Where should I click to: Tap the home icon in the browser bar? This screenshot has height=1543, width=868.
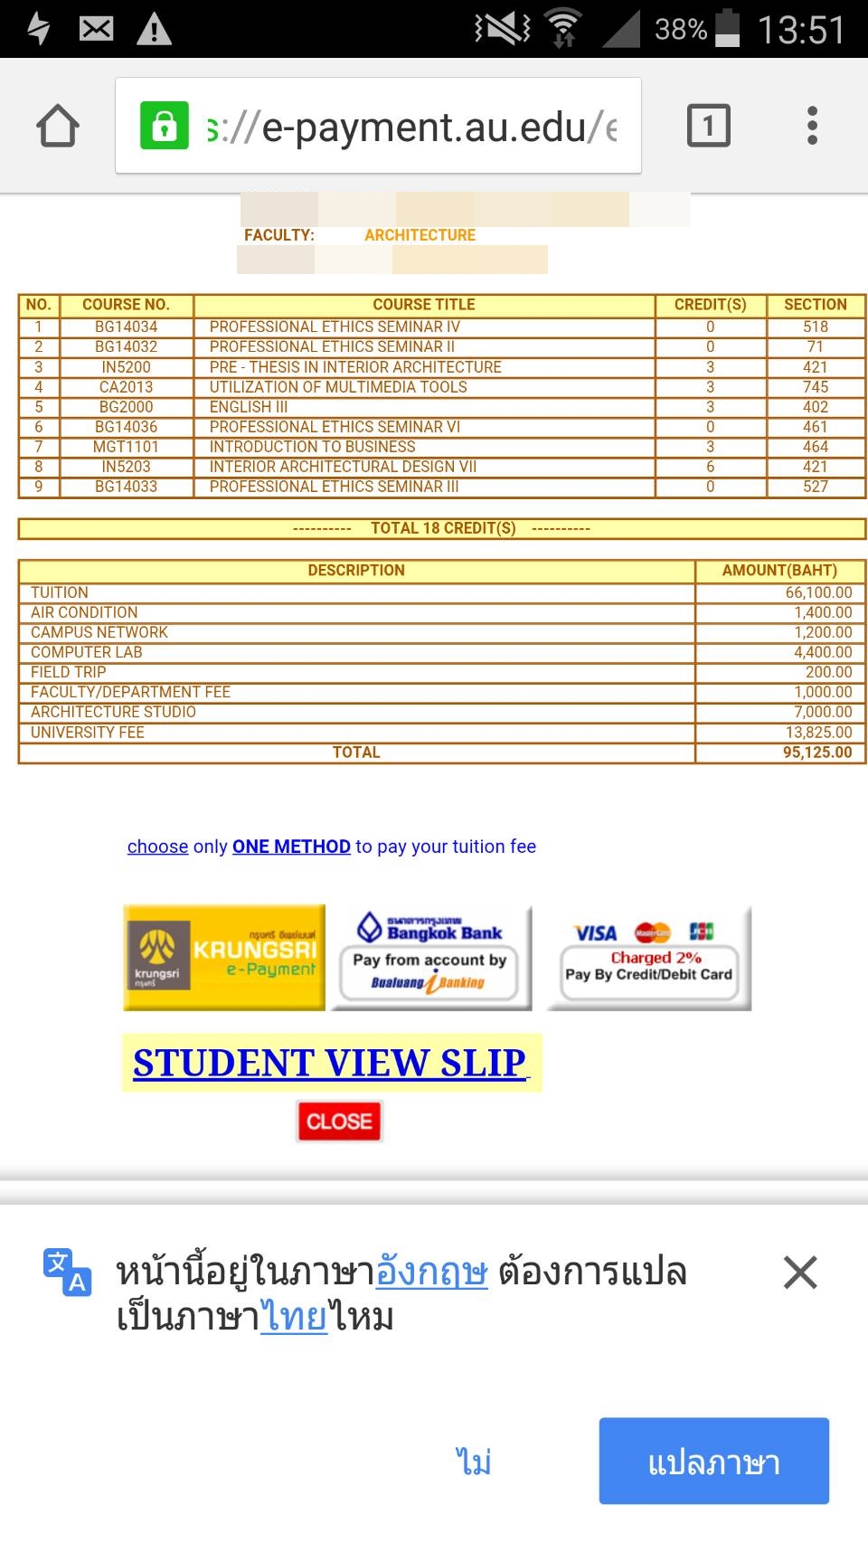click(x=58, y=126)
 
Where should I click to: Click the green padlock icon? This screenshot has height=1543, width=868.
click(x=164, y=126)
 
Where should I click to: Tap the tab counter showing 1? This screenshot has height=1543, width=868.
click(x=708, y=126)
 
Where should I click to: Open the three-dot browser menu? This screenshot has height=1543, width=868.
click(x=812, y=126)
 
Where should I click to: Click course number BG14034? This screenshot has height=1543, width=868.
click(x=126, y=327)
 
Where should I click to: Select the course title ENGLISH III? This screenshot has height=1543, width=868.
click(x=249, y=407)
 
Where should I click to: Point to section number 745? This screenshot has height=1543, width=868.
click(x=815, y=387)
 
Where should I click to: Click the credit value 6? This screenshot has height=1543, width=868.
click(x=710, y=467)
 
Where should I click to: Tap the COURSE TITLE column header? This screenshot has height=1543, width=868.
click(x=423, y=305)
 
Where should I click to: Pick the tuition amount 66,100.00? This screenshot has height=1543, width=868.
click(x=818, y=592)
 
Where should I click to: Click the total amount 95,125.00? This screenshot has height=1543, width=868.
click(x=817, y=753)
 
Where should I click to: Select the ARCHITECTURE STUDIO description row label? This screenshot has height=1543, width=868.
click(x=113, y=712)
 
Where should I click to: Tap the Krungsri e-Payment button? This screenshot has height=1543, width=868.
click(x=224, y=957)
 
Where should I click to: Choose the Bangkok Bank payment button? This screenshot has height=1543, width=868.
click(x=430, y=957)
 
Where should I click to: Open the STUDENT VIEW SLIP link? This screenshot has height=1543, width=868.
click(x=330, y=1063)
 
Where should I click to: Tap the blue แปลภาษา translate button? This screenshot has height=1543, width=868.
click(x=713, y=1462)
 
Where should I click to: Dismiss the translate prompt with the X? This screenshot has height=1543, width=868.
click(x=800, y=1273)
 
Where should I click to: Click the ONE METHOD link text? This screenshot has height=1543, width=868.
click(x=291, y=847)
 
